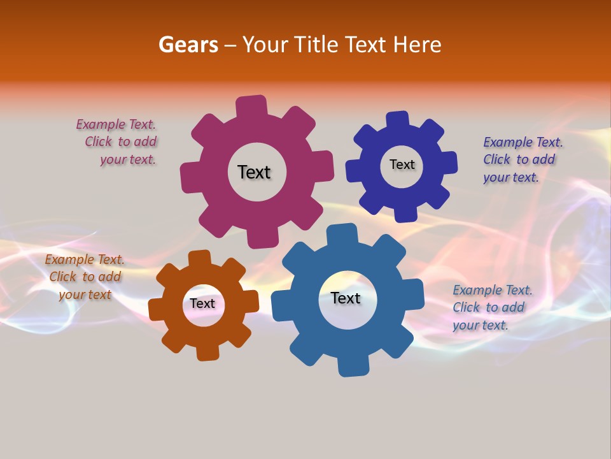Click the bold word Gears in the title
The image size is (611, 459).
(x=188, y=45)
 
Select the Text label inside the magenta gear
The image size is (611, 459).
(x=254, y=172)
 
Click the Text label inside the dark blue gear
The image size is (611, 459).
(x=402, y=164)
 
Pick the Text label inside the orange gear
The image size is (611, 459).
(x=202, y=303)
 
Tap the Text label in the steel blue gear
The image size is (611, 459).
(x=346, y=298)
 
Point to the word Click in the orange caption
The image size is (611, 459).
(x=63, y=277)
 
